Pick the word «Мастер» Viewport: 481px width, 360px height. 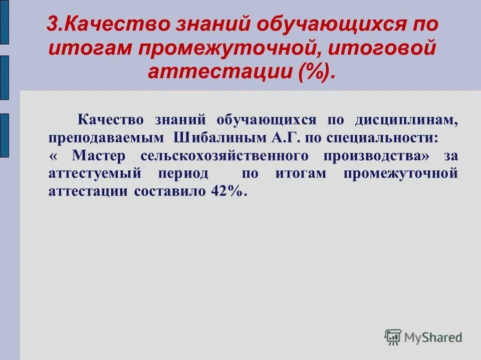(x=98, y=156)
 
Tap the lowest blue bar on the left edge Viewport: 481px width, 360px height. (x=4, y=135)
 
